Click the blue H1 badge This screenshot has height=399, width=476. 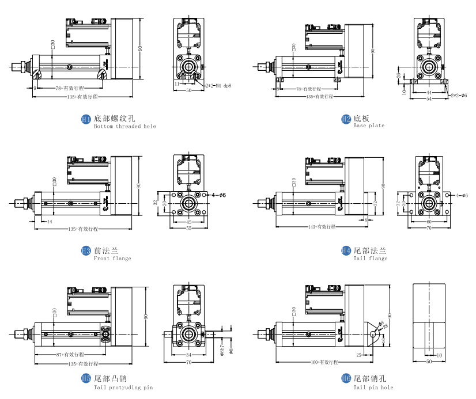click(x=86, y=119)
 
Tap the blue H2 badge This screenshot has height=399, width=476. click(x=346, y=119)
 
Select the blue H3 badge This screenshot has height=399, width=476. click(x=86, y=251)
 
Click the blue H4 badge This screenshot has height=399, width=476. click(x=346, y=251)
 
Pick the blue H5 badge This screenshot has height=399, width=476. click(x=86, y=379)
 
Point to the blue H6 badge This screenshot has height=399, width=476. click(x=346, y=379)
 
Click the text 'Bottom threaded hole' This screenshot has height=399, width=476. click(x=124, y=126)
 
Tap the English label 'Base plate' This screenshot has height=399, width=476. click(x=369, y=126)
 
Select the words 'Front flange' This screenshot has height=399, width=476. click(x=112, y=259)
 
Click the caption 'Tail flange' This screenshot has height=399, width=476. click(x=371, y=259)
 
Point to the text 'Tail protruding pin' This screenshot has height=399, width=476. click(x=123, y=387)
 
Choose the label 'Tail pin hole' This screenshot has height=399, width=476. click(x=373, y=387)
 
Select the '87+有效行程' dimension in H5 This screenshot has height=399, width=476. click(x=70, y=354)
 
